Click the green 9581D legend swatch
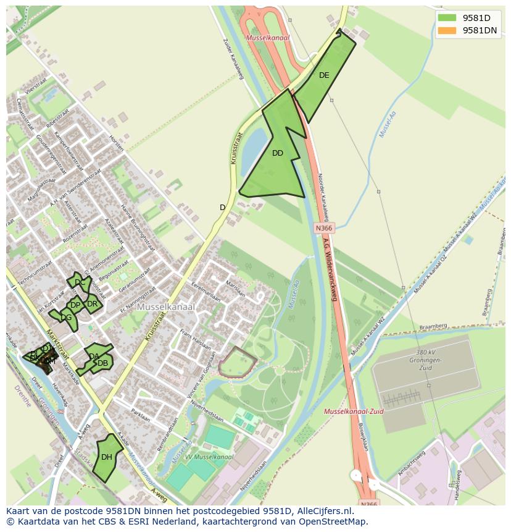click(447, 18)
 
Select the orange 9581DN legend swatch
click(447, 30)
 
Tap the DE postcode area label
click(324, 75)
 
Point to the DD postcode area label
click(278, 153)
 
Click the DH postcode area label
click(107, 457)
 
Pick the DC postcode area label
click(80, 283)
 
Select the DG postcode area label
click(66, 318)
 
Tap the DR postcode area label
click(92, 304)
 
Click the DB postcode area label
click(102, 363)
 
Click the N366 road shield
click(324, 228)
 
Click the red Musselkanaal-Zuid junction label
click(354, 412)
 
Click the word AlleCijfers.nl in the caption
click(322, 511)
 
